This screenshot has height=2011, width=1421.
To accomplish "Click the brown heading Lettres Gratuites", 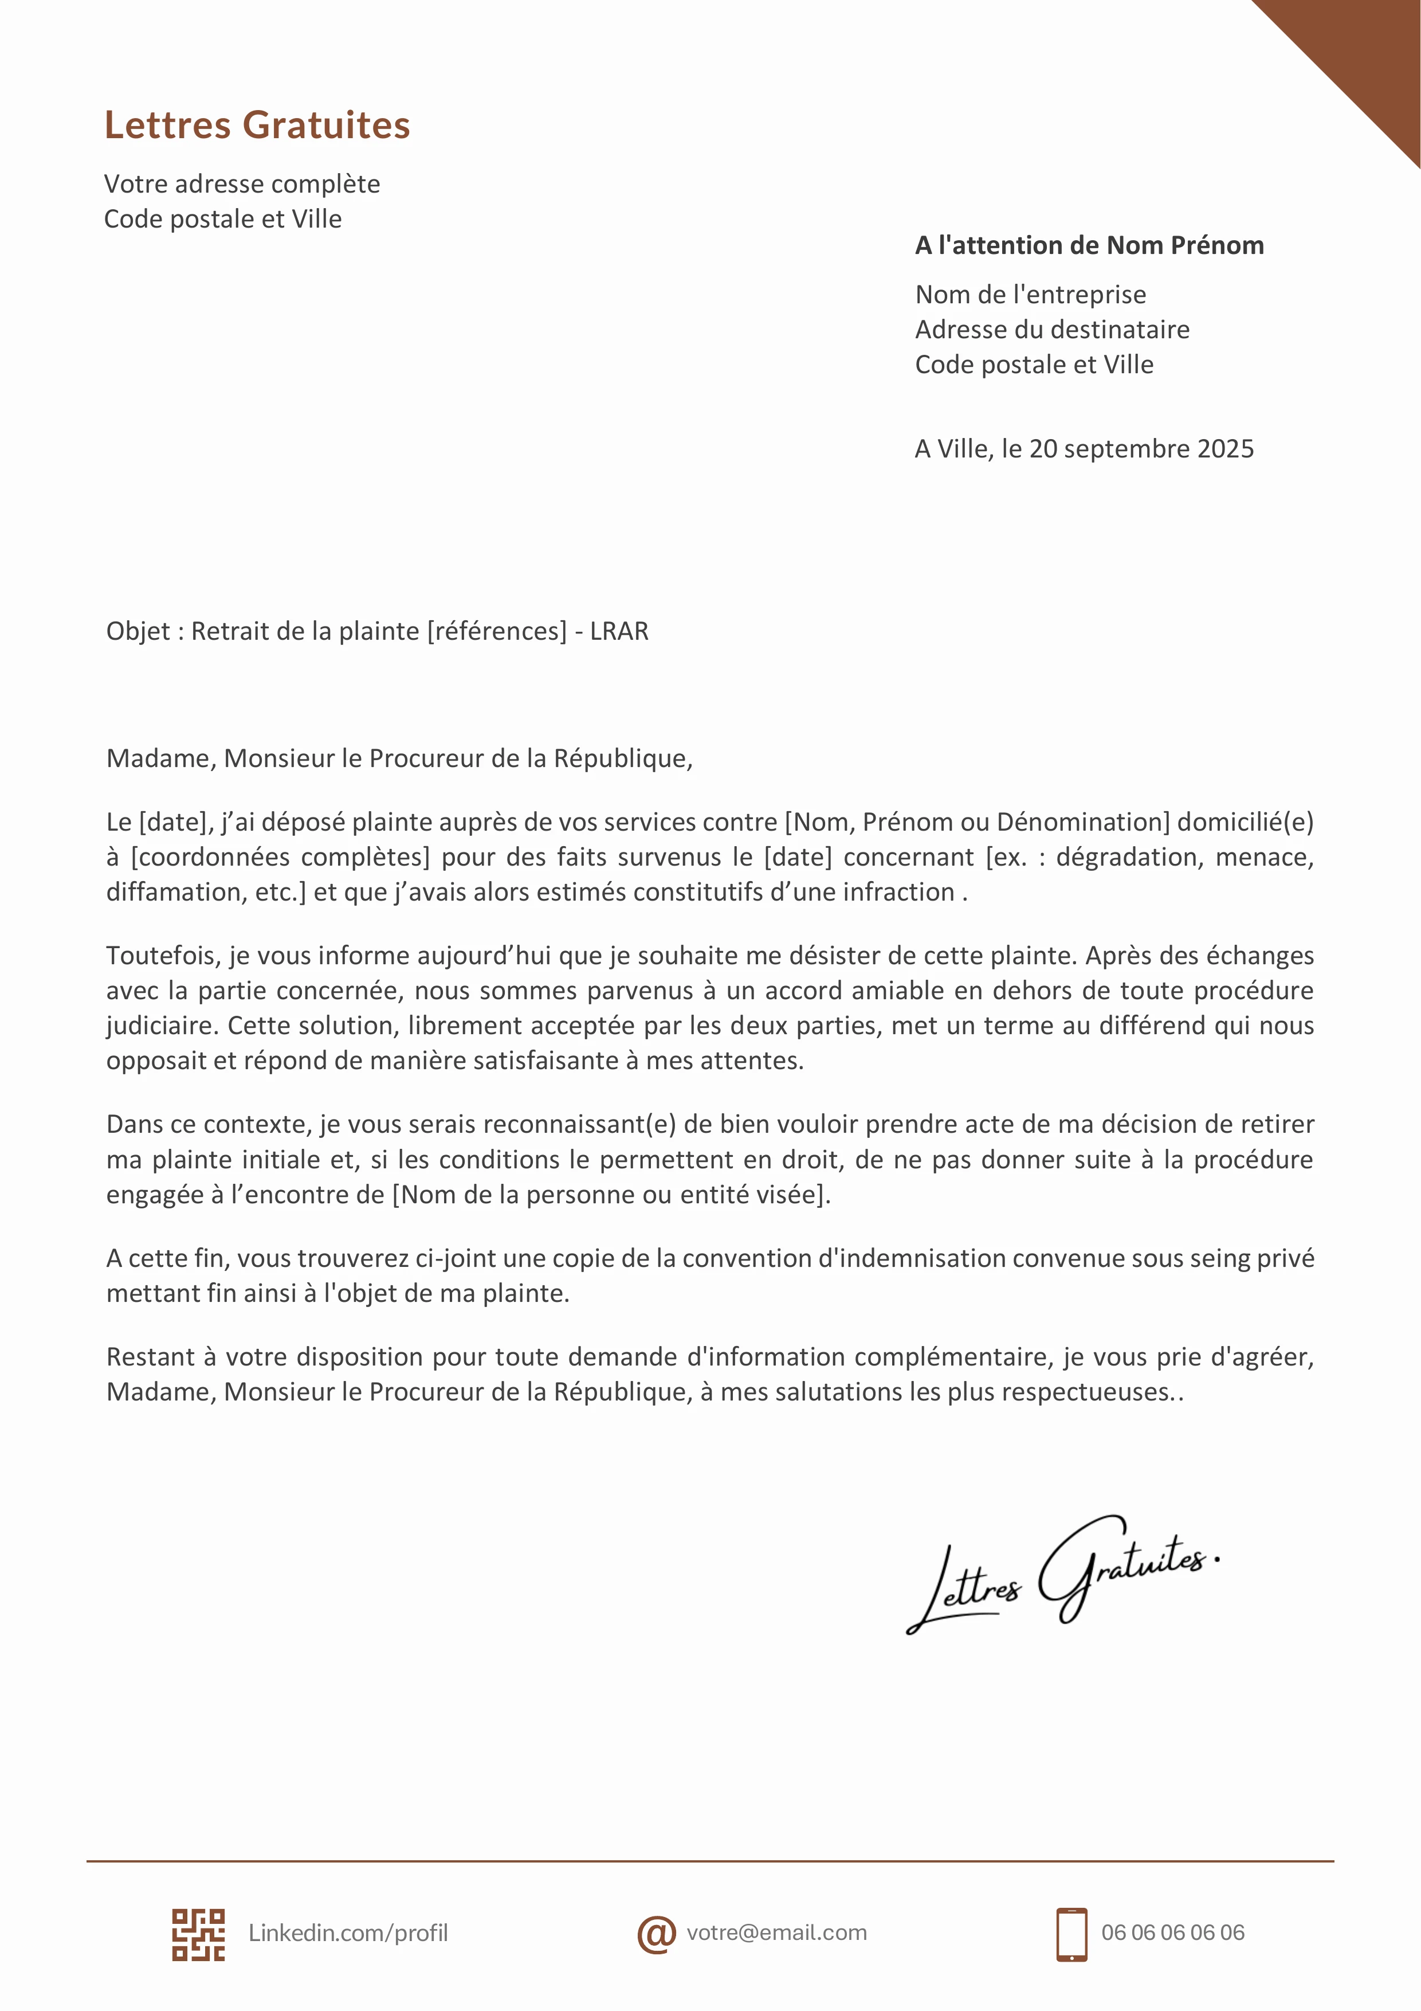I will click(257, 125).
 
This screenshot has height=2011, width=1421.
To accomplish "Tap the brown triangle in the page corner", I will click(1366, 53).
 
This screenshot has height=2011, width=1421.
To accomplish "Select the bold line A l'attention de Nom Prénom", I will click(1088, 245).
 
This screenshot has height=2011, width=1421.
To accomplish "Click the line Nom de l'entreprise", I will click(1030, 294).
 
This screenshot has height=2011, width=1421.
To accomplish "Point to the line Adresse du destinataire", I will click(1051, 329).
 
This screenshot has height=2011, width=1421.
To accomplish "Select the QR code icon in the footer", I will click(198, 1934).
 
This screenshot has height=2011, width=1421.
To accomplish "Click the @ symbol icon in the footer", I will click(655, 1934).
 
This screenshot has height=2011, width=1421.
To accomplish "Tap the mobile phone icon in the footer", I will click(1071, 1934).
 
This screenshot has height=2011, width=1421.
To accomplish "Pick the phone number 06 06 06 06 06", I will click(1172, 1933).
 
